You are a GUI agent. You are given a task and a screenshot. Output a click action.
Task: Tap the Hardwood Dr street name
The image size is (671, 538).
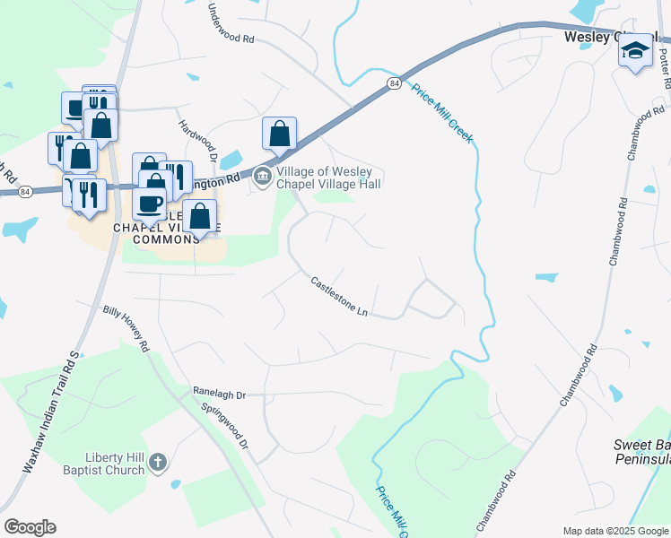[x=198, y=141]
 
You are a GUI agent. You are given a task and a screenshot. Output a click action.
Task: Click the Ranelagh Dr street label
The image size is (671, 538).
[x=219, y=393]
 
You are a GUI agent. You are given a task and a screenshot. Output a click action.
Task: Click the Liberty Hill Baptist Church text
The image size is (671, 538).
[x=104, y=464]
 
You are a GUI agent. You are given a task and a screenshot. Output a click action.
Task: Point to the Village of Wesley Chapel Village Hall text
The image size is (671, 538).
[x=329, y=178]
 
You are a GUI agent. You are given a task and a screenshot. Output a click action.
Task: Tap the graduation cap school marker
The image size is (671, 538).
[x=635, y=52]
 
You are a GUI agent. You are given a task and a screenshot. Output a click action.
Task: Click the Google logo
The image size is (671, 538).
[x=30, y=527]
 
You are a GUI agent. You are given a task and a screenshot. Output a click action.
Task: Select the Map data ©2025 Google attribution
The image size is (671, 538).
[x=614, y=531]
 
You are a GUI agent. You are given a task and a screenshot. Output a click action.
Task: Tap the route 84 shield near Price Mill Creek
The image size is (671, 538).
[x=394, y=82]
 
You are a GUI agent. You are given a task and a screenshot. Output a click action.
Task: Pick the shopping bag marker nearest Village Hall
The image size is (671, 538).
[x=280, y=134]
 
